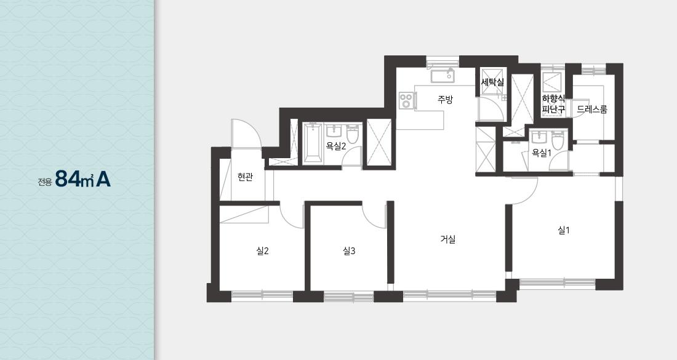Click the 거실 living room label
coord(448,239)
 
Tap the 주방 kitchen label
coord(445,100)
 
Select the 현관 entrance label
coord(245,177)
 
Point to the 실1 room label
coord(564,231)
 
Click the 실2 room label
coord(263,250)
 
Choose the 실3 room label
coord(349,250)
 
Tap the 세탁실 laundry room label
coord(492,82)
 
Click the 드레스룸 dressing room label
coord(592,109)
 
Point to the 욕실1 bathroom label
coord(542,153)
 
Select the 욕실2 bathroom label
coord(336,146)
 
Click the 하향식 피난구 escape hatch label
coord(553,104)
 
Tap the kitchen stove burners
coord(406,100)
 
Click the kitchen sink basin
coord(442,76)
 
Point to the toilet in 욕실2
coord(353,134)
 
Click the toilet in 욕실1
coord(558,140)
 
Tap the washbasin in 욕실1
coord(539,137)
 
